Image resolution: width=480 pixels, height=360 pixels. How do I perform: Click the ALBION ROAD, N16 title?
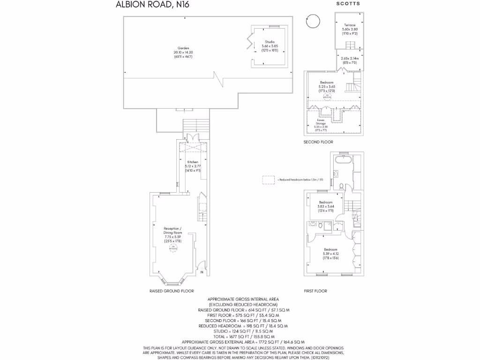146,5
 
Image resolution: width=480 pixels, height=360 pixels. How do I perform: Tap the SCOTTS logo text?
348,4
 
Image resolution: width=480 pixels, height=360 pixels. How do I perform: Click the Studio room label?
270,45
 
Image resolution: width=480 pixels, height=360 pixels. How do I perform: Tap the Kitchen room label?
193,165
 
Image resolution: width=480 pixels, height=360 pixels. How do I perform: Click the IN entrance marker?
202,272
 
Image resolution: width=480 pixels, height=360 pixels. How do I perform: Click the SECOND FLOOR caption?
318,142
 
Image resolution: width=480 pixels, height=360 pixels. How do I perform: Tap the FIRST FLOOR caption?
315,291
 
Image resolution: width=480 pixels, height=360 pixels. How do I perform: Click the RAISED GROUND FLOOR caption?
172,291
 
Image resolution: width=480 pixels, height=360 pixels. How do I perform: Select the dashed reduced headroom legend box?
269,180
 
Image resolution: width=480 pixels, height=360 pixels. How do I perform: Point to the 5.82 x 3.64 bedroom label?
326,206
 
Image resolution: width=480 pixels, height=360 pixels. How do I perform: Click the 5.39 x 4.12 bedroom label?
330,253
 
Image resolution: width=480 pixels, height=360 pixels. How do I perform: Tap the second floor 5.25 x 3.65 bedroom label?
327,86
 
